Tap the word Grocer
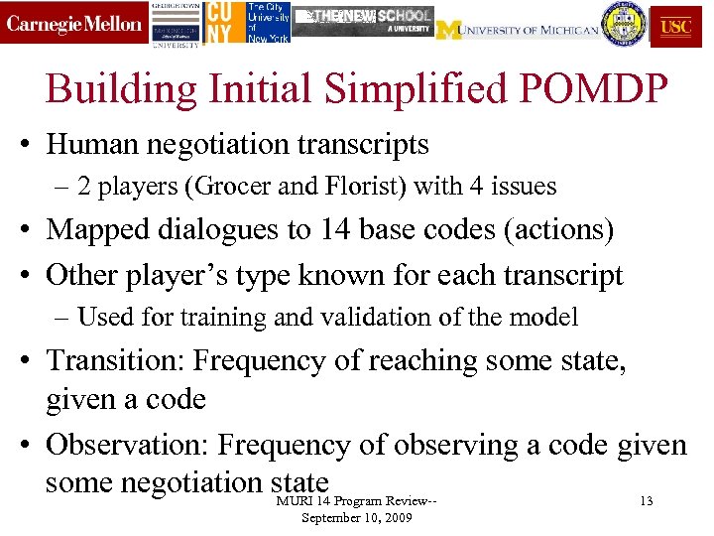[x=220, y=186]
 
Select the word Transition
[x=113, y=360]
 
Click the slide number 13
[x=647, y=501]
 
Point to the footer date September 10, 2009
[x=357, y=517]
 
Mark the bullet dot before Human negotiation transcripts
[x=30, y=146]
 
